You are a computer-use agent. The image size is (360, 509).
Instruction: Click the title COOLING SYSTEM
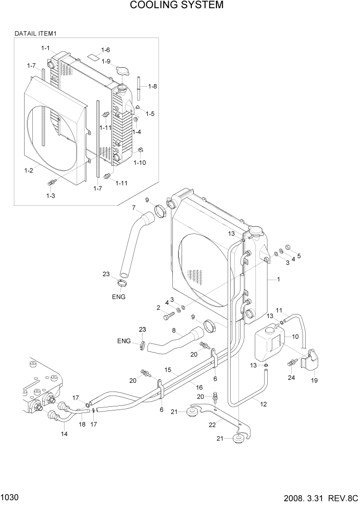176,6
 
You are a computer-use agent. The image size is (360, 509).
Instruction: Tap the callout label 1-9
106,62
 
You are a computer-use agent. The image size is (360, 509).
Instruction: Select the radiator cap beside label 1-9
123,71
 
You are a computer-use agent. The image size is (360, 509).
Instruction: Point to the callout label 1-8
152,86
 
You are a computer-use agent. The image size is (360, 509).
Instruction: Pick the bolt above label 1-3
51,183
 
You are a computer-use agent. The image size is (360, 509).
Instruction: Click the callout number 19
314,381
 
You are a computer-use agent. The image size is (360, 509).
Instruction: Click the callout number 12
264,404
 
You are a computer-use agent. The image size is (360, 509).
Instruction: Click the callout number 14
64,434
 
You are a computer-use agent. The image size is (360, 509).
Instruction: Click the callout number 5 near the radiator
299,256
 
